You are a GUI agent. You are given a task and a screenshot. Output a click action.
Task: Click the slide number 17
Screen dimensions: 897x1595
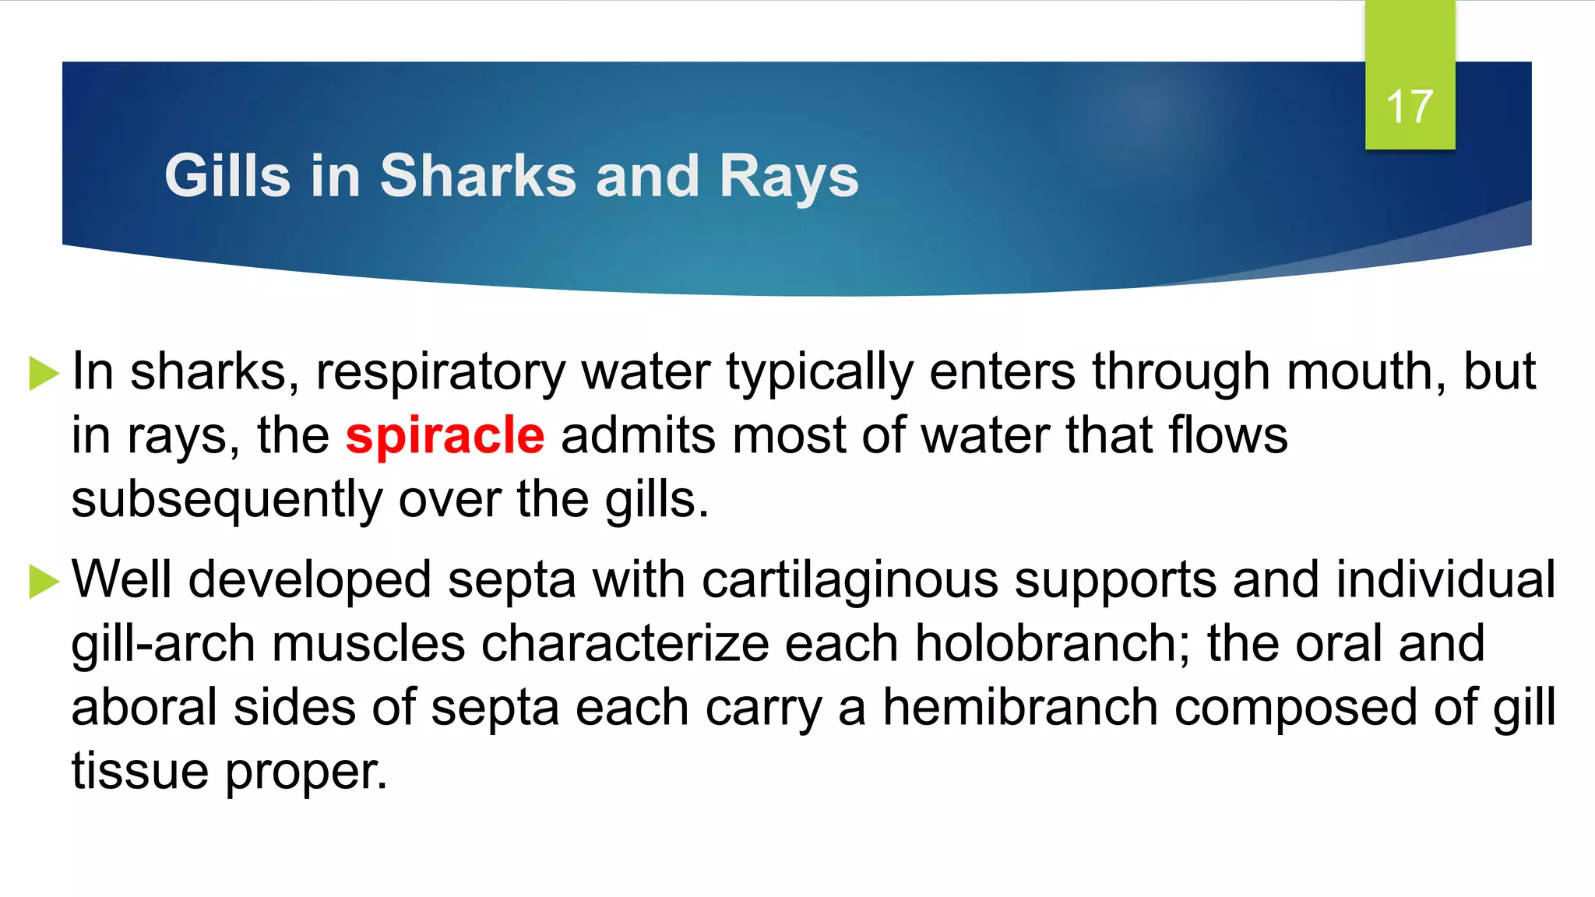1410,107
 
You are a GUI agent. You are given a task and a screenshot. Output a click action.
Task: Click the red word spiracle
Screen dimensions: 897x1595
445,435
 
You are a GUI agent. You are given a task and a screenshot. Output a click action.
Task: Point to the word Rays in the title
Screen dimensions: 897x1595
788,178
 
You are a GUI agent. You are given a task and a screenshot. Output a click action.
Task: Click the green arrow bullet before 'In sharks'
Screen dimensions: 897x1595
44,373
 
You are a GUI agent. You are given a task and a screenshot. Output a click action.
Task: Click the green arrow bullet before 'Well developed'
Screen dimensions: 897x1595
44,581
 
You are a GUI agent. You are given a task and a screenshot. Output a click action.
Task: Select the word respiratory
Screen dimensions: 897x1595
440,372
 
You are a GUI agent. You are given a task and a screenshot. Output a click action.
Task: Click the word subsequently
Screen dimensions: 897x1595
227,500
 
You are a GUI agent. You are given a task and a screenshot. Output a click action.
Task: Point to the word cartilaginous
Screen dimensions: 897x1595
850,580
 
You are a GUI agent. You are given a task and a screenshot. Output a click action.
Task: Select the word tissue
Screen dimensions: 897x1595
139,772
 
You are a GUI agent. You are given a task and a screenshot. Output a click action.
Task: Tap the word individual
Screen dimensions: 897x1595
1445,580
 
